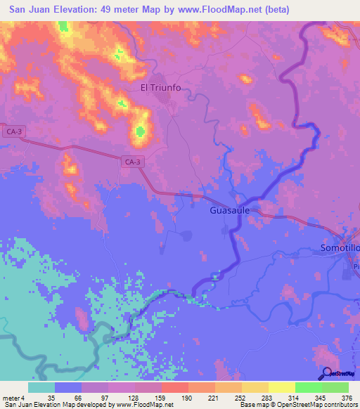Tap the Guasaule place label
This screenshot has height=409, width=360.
[x=231, y=210]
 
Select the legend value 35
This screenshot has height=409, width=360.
[x=50, y=397]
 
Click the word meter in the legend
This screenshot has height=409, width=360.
[x=11, y=397]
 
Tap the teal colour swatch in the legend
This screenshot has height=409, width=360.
[x=41, y=387]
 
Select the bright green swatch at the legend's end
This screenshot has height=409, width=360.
[x=335, y=387]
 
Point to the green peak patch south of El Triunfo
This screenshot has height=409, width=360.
[x=139, y=130]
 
